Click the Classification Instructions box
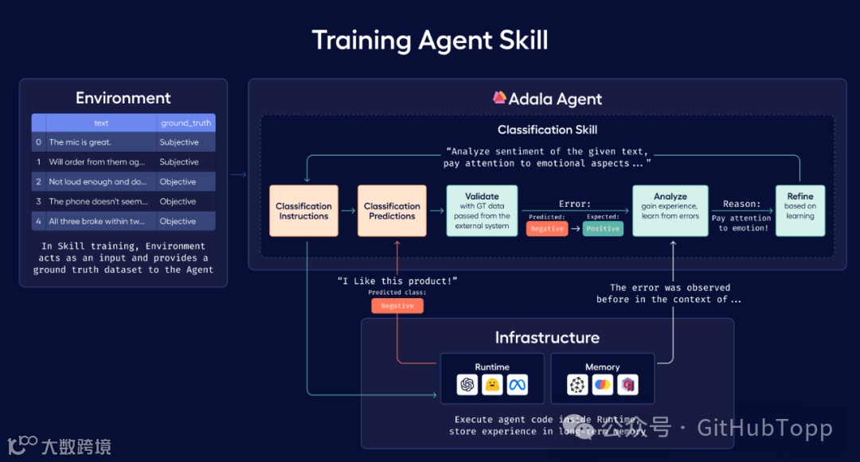tap(303, 211)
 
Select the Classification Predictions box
tap(392, 211)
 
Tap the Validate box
tap(482, 211)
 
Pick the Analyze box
tap(670, 211)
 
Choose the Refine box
tap(800, 211)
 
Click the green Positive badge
tap(603, 228)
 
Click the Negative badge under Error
tap(546, 228)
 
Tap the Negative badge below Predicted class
tap(397, 305)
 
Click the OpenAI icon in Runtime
tap(467, 385)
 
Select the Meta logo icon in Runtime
tap(518, 385)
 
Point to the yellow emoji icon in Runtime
tap(493, 385)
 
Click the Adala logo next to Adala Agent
tap(499, 99)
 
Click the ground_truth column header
tap(186, 123)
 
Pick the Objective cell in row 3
tap(178, 202)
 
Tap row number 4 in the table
tap(38, 221)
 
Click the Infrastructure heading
tap(547, 337)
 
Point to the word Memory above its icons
tap(602, 367)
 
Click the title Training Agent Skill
tap(430, 40)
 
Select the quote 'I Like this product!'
tap(397, 281)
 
